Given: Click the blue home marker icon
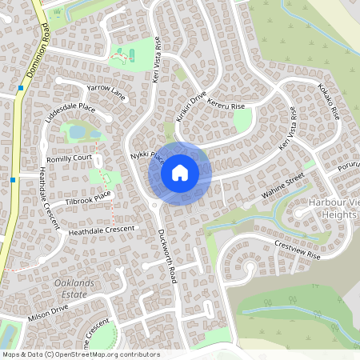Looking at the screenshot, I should [x=180, y=172].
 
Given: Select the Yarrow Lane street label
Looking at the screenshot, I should [x=107, y=91].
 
